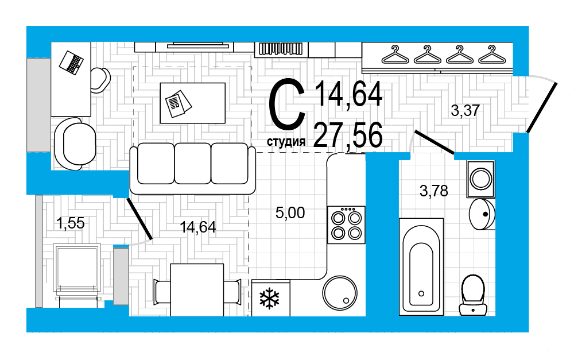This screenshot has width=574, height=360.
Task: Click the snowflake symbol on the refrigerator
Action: pos(269,299)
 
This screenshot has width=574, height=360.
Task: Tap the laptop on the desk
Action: pos(71,63)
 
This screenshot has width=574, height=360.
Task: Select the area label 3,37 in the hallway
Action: pos(465,110)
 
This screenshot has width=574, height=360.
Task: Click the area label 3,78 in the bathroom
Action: pos(434,191)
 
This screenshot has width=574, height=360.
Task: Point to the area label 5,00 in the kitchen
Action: pos(290,213)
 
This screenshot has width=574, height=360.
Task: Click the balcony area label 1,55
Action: pos(70,223)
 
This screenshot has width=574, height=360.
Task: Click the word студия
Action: pos(286,142)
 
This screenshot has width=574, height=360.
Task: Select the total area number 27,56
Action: pos(348,135)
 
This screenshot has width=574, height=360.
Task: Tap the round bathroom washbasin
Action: pos(482,214)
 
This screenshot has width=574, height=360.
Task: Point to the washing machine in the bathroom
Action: pos(480,179)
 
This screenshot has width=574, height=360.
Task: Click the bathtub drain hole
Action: pos(421,293)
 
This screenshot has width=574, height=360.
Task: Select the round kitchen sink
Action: pos(340,293)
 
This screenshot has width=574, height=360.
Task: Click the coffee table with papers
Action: pos(192,103)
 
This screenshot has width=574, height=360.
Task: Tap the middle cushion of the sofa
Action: pos(192,163)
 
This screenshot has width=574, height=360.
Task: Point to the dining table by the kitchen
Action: pos(197,290)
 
